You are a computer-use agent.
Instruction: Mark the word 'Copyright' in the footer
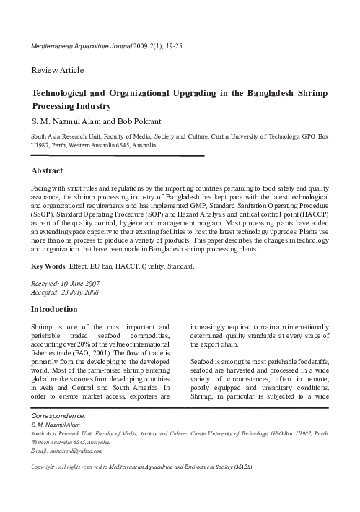(x=48, y=467)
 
